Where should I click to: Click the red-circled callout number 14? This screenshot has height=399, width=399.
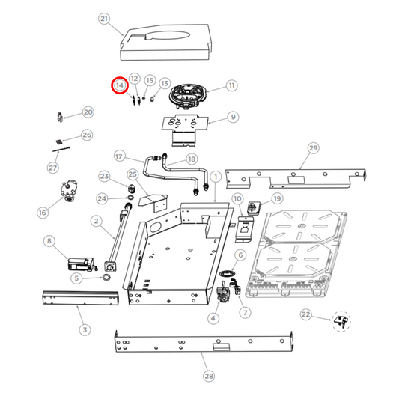[119, 86]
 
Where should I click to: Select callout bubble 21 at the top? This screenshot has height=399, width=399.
[104, 19]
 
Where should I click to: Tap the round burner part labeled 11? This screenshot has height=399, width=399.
[187, 96]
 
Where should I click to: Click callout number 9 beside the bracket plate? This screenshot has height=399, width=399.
[233, 117]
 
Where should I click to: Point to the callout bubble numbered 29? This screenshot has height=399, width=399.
[313, 148]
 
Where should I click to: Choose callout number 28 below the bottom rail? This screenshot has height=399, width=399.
[208, 376]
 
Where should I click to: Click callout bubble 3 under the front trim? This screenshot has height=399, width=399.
[84, 329]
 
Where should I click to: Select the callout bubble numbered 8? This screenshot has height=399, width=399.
[49, 241]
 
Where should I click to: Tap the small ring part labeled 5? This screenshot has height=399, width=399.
[107, 278]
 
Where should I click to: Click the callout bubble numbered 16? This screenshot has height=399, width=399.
[42, 213]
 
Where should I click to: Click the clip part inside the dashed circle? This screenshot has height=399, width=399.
[341, 321]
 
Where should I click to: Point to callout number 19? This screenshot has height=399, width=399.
[277, 198]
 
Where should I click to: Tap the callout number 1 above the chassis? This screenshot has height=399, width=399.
[215, 177]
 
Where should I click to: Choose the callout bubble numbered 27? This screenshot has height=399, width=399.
[53, 168]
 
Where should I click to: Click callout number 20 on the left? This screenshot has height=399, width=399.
[88, 112]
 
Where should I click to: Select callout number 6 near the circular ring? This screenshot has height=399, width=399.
[240, 255]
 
